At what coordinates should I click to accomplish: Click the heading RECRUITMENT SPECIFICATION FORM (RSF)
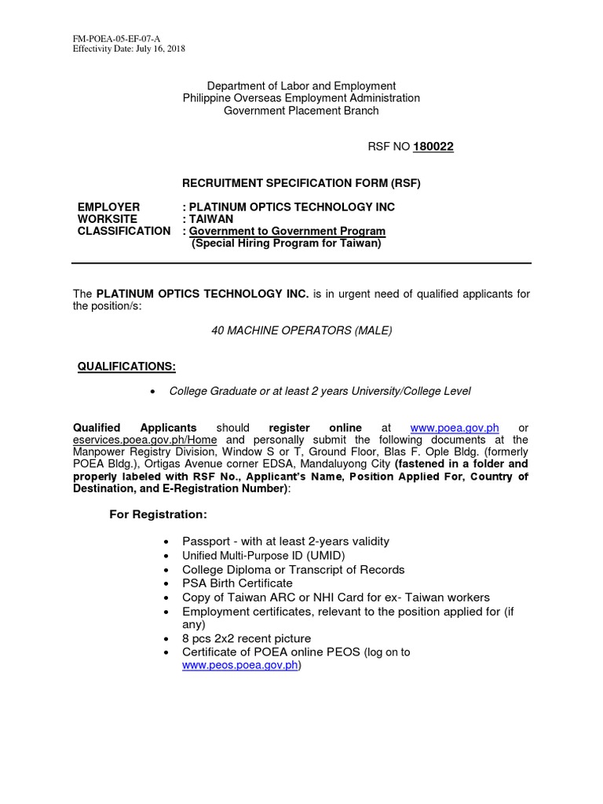pyautogui.click(x=301, y=184)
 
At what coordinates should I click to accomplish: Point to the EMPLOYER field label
pyautogui.click(x=108, y=207)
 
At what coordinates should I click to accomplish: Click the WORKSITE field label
pyautogui.click(x=108, y=219)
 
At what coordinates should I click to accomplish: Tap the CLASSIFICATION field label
pyautogui.click(x=123, y=231)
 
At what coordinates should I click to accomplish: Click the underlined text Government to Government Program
pyautogui.click(x=287, y=231)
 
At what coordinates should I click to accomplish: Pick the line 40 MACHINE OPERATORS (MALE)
pyautogui.click(x=301, y=331)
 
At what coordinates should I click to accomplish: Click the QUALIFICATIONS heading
pyautogui.click(x=126, y=367)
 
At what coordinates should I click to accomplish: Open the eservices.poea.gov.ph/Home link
pyautogui.click(x=145, y=440)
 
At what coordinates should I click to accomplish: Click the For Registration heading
pyautogui.click(x=157, y=514)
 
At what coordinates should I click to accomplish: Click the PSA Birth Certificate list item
pyautogui.click(x=237, y=583)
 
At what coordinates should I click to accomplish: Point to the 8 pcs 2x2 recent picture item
pyautogui.click(x=247, y=638)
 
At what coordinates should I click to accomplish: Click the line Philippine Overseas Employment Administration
pyautogui.click(x=301, y=98)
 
